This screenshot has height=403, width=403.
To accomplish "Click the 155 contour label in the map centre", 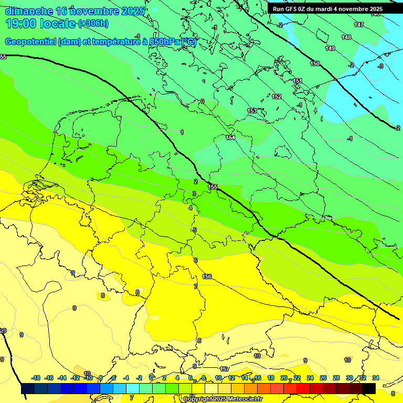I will (213, 187).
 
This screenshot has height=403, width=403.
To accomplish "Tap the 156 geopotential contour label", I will (207, 277).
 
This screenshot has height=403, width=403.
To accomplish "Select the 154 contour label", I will (230, 137).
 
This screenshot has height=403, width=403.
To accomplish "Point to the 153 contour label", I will (252, 111).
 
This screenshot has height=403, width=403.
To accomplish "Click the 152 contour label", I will (277, 97).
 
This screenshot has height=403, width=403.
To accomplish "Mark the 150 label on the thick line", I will (314, 63).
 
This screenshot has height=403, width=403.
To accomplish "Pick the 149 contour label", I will (330, 48).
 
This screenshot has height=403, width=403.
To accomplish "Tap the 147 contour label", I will (359, 25).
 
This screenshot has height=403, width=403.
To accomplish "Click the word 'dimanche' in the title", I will (29, 11).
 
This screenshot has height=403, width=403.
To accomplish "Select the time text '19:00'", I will (20, 24).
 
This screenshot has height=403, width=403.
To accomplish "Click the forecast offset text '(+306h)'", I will (93, 24).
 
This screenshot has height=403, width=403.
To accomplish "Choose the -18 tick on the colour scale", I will (36, 378).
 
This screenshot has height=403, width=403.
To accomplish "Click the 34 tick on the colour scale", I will (376, 378).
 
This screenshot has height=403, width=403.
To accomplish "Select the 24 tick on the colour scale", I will (310, 378).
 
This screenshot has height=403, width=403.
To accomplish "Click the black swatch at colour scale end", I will (369, 388).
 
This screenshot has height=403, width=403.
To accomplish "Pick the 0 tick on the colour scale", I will (151, 378).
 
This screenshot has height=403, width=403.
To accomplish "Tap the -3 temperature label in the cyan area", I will (380, 66).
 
